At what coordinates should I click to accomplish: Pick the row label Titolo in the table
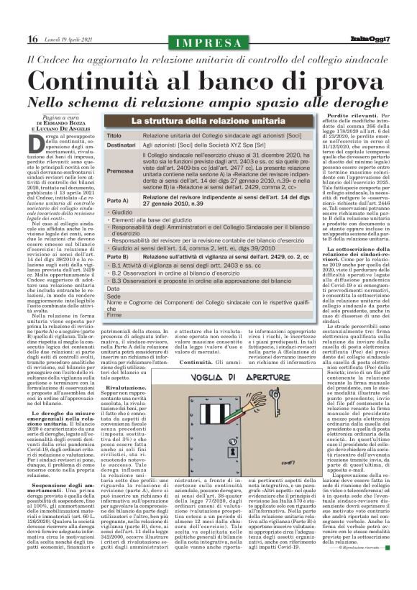point(114,135)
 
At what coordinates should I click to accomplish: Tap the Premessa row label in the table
point(120,172)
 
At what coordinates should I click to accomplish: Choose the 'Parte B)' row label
point(118,256)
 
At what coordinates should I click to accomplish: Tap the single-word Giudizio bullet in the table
point(124,214)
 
